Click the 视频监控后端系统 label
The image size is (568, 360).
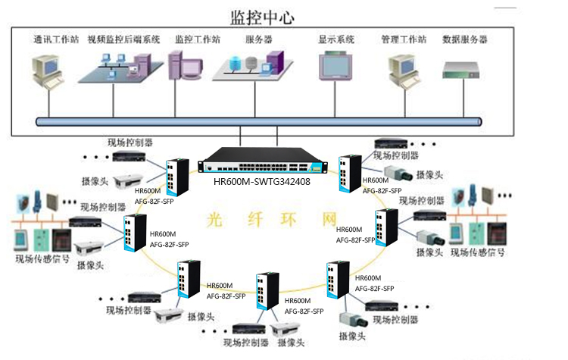(x=123, y=39)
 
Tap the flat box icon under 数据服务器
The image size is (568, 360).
(x=463, y=70)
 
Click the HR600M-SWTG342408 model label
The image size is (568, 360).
(x=263, y=181)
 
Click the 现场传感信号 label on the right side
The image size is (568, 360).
(x=478, y=252)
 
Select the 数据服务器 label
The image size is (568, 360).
(x=464, y=39)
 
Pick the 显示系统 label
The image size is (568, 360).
(x=336, y=39)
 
